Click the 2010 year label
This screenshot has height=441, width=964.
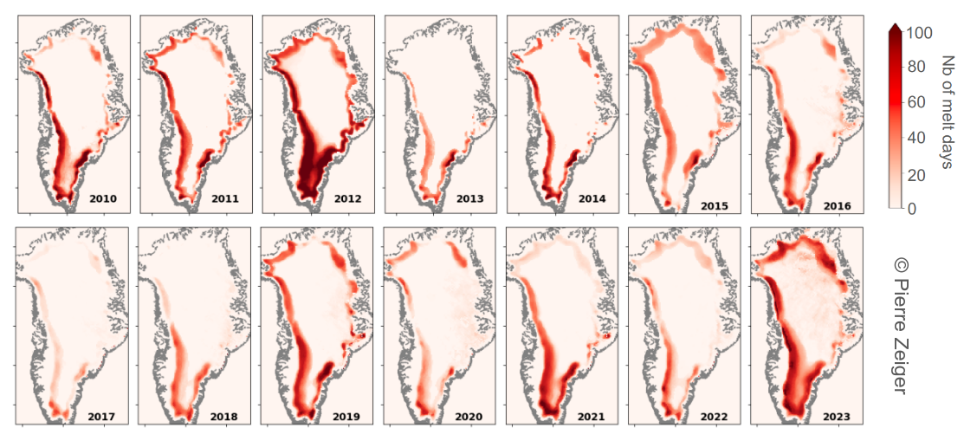(103, 199)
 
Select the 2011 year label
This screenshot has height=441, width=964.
(225, 199)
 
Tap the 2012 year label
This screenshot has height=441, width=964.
(347, 199)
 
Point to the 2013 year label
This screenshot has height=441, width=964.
(469, 199)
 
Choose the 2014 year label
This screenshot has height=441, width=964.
(592, 199)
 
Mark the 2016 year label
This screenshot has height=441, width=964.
(837, 206)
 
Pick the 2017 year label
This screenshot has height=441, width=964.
(103, 417)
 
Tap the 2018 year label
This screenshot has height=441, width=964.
(225, 417)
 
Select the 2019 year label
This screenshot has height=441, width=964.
(347, 417)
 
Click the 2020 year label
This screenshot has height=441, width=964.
(469, 417)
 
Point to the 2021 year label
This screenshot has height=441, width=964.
(592, 417)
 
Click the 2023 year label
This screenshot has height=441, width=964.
(837, 417)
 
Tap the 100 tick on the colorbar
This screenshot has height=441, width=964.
(918, 33)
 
